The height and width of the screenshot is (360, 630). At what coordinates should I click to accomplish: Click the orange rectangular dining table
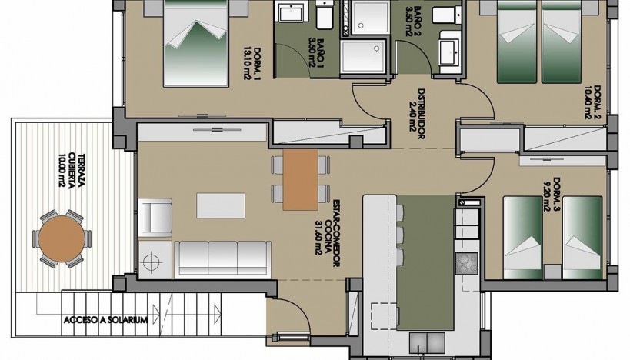(x=300, y=179)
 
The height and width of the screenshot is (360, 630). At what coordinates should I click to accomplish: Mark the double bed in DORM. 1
(x=195, y=46)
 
